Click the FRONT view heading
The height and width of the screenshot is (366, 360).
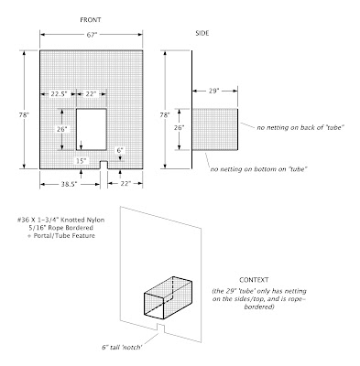[91, 20]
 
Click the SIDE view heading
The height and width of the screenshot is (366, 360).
[202, 33]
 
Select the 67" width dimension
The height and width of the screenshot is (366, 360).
[92, 35]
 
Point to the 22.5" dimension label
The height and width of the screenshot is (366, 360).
[59, 94]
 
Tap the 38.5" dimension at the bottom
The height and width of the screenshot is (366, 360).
[69, 184]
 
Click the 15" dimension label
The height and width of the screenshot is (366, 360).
[81, 161]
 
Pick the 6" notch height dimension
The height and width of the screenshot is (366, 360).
[120, 150]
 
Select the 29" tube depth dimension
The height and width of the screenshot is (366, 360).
[214, 91]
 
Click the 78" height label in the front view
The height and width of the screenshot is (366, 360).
[24, 115]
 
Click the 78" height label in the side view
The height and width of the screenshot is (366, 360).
[165, 115]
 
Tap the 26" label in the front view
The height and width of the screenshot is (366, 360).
[61, 129]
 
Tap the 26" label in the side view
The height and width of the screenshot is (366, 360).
[179, 128]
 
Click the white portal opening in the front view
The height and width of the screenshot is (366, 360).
[92, 129]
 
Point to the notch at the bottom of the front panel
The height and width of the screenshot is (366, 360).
[104, 165]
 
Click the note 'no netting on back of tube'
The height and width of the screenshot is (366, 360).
[300, 127]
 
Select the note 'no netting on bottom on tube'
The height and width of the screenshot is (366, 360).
[258, 169]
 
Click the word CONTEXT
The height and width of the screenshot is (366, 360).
[254, 280]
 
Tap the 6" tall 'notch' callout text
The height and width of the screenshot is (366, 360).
[122, 347]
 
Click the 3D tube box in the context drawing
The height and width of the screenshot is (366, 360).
[168, 297]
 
